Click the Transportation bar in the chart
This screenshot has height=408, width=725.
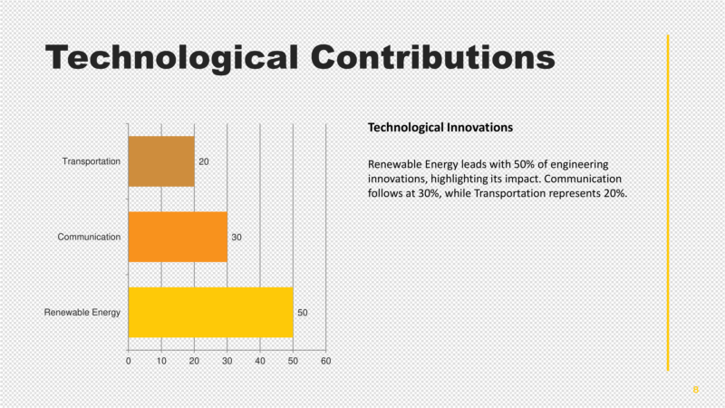tap(161, 161)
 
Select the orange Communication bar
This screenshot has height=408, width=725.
tap(178, 237)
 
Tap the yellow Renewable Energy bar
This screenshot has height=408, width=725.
tap(210, 312)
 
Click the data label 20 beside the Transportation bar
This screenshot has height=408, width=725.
tap(204, 161)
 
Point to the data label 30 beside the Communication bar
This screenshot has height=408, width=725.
tap(237, 238)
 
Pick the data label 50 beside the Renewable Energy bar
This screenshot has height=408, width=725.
tap(303, 313)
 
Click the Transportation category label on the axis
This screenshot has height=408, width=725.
tap(91, 161)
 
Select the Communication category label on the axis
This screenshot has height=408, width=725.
tap(89, 237)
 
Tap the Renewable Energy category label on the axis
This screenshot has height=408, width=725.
tap(82, 313)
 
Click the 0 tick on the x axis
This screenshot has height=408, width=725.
tap(129, 361)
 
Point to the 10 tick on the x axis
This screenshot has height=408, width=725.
tap(161, 361)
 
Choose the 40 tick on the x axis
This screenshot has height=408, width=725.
tap(260, 361)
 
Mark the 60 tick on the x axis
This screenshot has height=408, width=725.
tap(326, 361)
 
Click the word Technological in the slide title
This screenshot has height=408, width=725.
tap(171, 58)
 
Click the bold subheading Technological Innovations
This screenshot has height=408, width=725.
tap(440, 127)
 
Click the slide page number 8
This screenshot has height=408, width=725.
tap(695, 389)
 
